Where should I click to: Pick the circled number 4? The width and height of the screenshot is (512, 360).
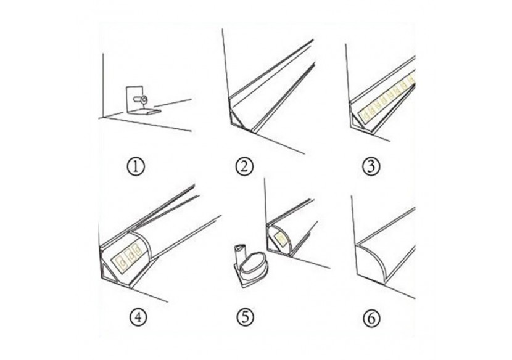[x=137, y=319]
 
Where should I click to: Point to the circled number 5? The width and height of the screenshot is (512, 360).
[x=244, y=319]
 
